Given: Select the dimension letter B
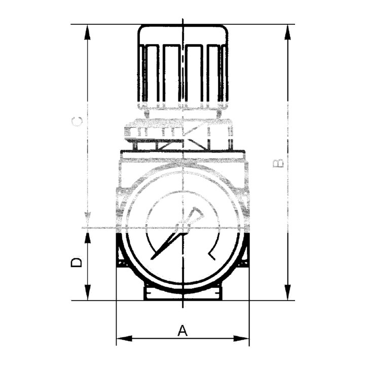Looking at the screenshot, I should tap(278, 163).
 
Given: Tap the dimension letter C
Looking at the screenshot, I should tap(78, 122).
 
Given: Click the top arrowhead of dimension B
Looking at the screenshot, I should tap(288, 31).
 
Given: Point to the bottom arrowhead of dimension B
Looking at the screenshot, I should tap(288, 293).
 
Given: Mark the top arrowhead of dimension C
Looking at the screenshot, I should tap(88, 31).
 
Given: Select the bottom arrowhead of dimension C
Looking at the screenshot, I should tap(88, 220).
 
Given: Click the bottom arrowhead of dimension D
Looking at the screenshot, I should tap(88, 293).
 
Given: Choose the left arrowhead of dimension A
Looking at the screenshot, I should tap(124, 338).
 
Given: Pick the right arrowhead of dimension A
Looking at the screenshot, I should tap(242, 338).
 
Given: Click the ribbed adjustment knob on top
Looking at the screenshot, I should tap(183, 66).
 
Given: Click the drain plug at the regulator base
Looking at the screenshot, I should tap(182, 294).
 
